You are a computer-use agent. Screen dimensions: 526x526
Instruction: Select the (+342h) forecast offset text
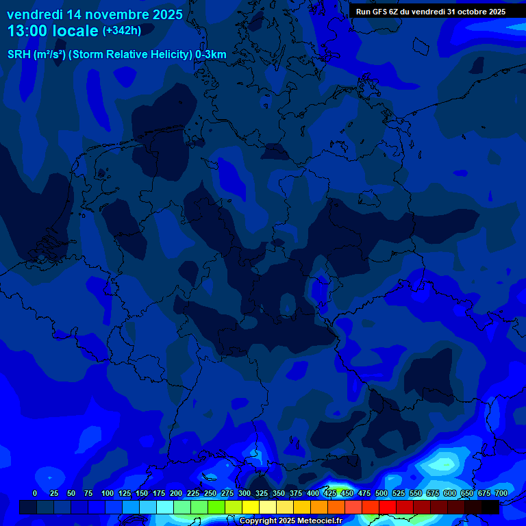(x=121, y=31)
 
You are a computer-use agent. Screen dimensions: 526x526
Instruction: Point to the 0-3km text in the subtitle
(x=211, y=55)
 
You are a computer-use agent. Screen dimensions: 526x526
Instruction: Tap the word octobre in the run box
(x=467, y=12)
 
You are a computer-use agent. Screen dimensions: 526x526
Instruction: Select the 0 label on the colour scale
(x=35, y=493)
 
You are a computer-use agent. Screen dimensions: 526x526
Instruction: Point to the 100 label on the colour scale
(x=108, y=493)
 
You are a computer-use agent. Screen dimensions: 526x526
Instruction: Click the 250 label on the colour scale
(x=210, y=493)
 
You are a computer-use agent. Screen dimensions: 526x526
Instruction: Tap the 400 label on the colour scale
(x=313, y=493)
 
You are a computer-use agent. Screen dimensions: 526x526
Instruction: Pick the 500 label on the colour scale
(x=381, y=493)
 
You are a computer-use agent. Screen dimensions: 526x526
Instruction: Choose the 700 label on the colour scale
(x=501, y=493)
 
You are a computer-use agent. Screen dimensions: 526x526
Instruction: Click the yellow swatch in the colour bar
(x=251, y=507)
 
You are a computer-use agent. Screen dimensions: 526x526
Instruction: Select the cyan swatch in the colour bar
(x=165, y=507)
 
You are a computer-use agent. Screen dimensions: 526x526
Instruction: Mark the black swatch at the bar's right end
(x=490, y=507)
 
